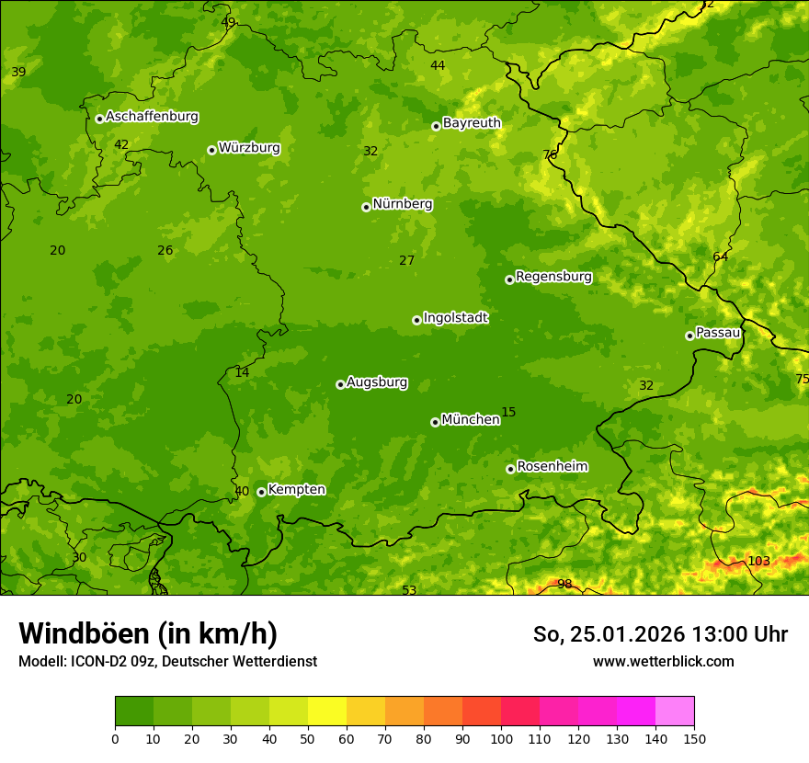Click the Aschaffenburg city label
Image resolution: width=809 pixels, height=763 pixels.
(152, 117)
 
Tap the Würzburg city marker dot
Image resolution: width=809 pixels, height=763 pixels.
(211, 150)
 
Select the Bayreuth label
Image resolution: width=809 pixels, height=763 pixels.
(472, 123)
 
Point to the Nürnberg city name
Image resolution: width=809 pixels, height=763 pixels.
(402, 204)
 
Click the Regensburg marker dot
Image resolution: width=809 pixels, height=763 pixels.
(509, 279)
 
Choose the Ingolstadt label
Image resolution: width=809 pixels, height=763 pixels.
(455, 318)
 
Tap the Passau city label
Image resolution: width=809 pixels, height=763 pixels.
(718, 333)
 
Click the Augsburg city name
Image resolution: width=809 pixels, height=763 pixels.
(377, 382)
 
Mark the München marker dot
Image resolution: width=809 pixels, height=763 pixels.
(435, 422)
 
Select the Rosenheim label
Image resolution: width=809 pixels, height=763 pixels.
(552, 467)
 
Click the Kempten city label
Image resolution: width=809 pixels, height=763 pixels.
(296, 490)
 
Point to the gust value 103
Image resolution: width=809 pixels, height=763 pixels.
(758, 562)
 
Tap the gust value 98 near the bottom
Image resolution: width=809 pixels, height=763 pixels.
(564, 585)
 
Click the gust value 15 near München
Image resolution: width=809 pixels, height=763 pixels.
(508, 412)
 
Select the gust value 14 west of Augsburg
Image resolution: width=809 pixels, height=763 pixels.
(242, 373)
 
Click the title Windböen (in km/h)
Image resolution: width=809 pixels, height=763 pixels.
(148, 633)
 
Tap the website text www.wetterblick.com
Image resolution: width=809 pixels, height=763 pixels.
(663, 661)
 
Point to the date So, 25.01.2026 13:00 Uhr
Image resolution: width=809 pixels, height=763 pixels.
(660, 634)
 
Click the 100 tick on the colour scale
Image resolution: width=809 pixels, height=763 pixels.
(501, 738)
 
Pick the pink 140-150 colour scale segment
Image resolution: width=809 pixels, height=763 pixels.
(675, 712)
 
